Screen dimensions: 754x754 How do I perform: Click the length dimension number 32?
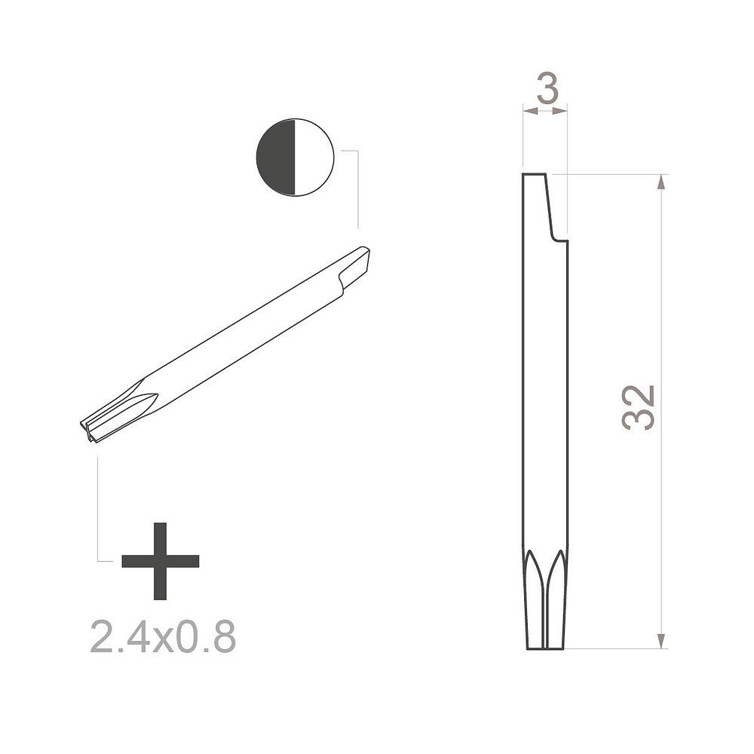point(639,407)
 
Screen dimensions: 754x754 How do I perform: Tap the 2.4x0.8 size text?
point(163,637)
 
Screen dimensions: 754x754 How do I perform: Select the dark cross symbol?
point(160,560)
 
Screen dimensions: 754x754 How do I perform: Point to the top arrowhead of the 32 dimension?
point(662,182)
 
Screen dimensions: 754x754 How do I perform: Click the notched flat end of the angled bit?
point(357,264)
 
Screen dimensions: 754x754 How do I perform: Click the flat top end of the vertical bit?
point(535,175)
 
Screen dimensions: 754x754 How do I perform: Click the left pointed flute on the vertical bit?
point(532,577)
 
